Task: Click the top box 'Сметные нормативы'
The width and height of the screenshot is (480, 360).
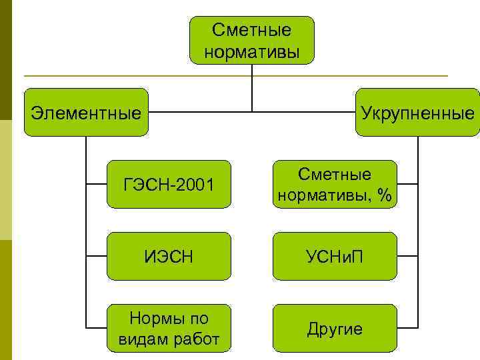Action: [251, 40]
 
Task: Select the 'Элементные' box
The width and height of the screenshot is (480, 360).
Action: [86, 112]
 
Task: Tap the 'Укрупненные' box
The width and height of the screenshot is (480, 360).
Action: [417, 112]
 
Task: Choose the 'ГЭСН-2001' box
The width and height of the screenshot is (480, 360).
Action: [169, 184]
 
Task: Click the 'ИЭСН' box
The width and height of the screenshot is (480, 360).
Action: [169, 255]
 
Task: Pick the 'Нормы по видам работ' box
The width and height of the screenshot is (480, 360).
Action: [169, 328]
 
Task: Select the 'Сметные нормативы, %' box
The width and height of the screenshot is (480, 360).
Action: [335, 184]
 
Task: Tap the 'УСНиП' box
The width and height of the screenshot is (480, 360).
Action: [335, 255]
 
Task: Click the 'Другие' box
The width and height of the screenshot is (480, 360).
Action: [335, 328]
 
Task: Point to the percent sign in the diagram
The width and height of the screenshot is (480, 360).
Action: [383, 195]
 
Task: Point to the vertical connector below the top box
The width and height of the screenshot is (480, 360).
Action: [251, 87]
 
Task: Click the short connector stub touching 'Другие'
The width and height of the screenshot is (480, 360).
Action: [407, 328]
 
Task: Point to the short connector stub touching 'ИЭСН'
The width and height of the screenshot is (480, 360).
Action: [97, 255]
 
